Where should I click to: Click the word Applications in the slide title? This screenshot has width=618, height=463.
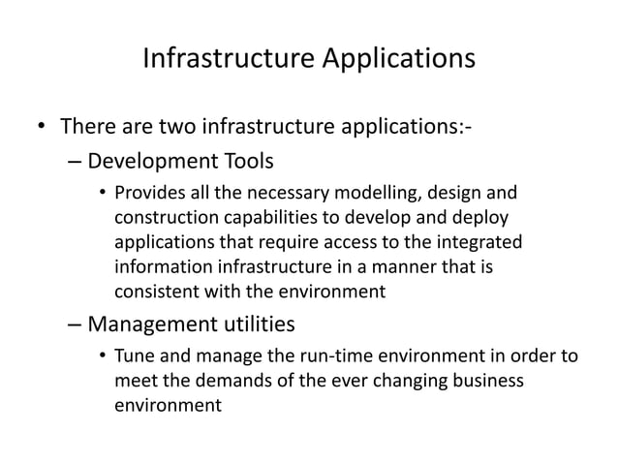click(x=394, y=59)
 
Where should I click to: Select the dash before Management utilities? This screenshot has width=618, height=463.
click(x=76, y=324)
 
